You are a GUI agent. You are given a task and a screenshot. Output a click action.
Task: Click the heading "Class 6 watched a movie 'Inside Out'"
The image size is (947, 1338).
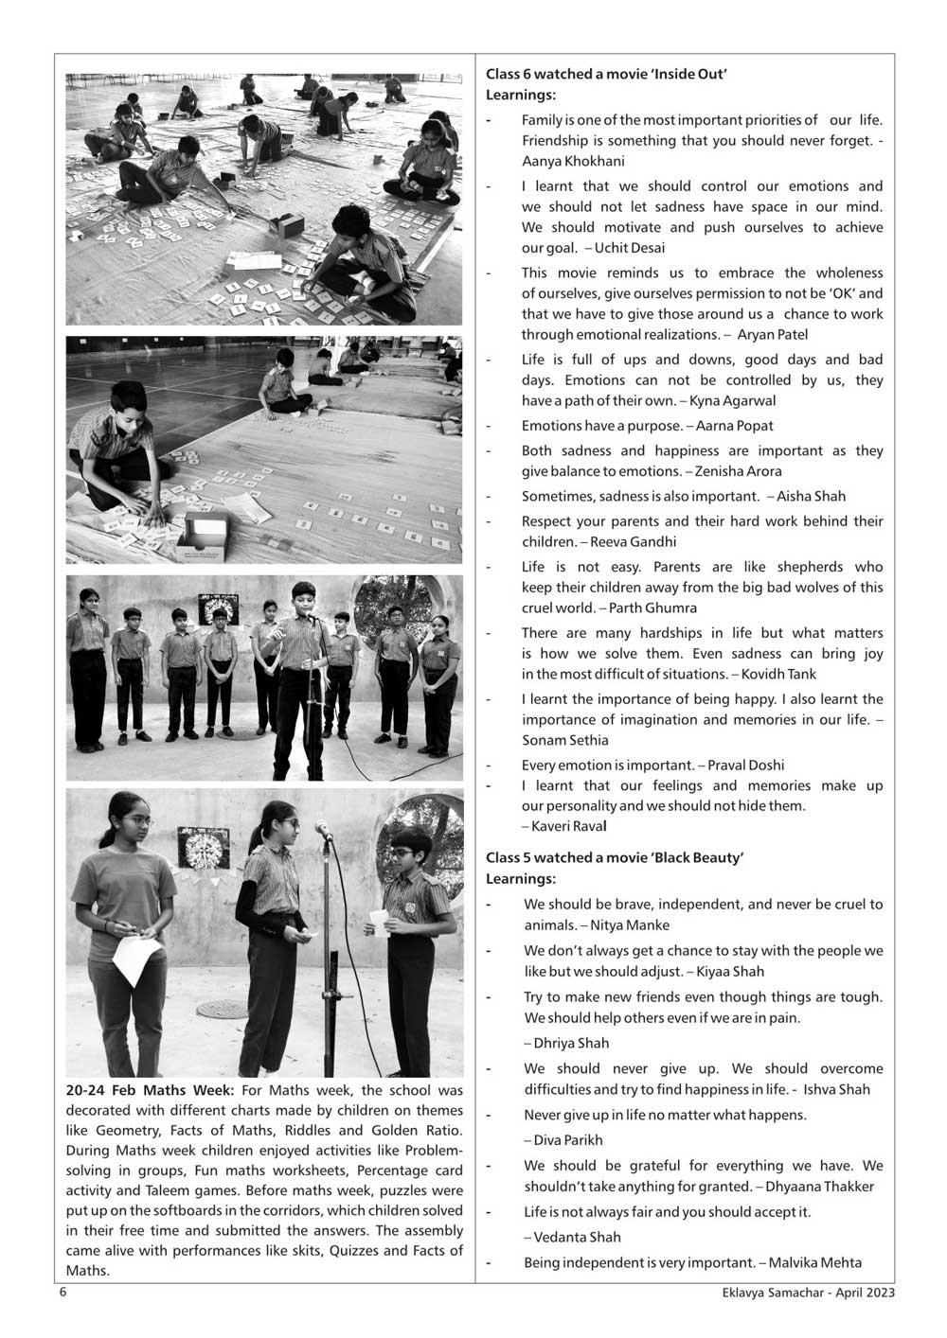[606, 74]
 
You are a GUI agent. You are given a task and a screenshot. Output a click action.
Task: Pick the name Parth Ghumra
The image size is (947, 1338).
[652, 607]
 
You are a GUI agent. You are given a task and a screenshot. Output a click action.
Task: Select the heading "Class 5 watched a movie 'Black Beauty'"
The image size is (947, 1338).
[615, 857]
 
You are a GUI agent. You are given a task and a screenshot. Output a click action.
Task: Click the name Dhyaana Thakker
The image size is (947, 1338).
[819, 1186]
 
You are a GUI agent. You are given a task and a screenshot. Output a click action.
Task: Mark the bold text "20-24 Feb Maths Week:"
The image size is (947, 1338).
[150, 1090]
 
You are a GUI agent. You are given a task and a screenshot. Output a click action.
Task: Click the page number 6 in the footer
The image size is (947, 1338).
[63, 1293]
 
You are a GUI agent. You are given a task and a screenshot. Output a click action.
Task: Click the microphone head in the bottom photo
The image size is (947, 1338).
[324, 830]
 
